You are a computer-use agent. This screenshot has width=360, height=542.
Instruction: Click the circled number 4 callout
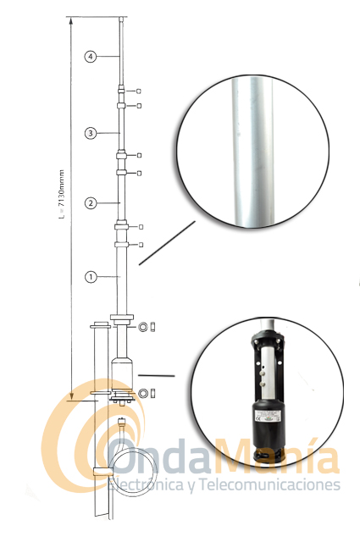(x=91, y=57)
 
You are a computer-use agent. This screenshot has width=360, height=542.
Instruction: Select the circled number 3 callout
(x=91, y=133)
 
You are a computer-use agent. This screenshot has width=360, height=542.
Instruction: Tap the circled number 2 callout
(x=91, y=203)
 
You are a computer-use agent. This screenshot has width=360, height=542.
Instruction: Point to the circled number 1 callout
(x=91, y=277)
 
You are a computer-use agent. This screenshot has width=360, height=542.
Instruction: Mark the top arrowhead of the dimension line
(x=71, y=20)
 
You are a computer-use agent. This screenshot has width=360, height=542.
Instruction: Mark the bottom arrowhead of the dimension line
(x=71, y=395)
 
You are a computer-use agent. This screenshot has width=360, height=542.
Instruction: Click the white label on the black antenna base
(x=268, y=415)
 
